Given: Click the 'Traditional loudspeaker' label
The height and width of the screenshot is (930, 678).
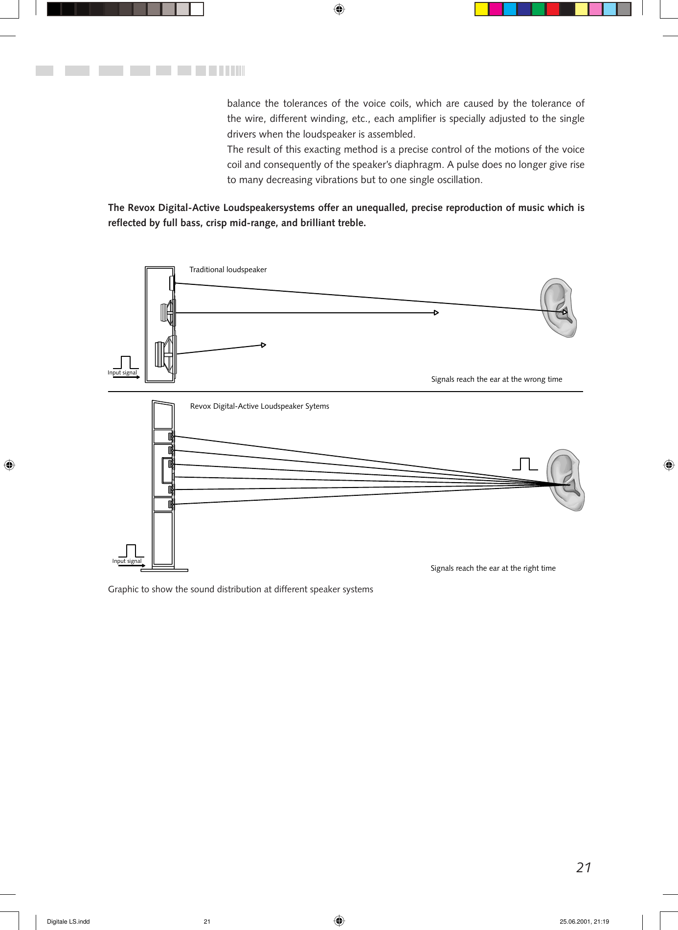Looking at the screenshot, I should click(x=228, y=270).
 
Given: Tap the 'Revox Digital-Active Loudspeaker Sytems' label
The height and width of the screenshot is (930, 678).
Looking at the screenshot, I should click(x=259, y=406).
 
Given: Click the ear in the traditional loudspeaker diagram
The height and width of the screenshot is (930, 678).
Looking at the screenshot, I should click(x=559, y=307).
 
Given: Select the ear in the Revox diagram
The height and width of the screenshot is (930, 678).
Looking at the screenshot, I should click(x=565, y=480).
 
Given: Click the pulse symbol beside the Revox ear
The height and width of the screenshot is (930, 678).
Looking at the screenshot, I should click(x=525, y=464).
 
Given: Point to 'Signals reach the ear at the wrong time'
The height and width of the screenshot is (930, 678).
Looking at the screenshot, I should click(x=497, y=379).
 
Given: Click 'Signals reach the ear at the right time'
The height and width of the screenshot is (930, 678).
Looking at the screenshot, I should click(x=493, y=568).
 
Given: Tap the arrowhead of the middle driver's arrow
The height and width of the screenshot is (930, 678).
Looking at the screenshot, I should click(x=436, y=313).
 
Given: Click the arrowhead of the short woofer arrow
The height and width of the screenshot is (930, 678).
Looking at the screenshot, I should click(x=263, y=345).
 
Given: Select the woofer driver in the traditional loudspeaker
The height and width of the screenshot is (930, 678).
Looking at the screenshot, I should click(x=165, y=354).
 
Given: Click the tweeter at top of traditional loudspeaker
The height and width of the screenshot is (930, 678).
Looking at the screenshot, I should click(x=172, y=283).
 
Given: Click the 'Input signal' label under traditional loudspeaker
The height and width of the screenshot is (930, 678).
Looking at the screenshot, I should click(x=122, y=373).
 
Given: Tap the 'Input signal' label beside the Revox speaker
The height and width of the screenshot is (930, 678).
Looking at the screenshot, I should click(x=127, y=561).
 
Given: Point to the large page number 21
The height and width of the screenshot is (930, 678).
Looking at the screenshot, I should click(x=584, y=868).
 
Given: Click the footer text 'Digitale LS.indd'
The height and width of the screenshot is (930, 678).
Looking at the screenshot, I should click(x=68, y=922).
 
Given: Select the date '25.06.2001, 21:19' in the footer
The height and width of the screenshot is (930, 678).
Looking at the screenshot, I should click(x=584, y=922).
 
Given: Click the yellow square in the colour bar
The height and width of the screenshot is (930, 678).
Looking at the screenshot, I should click(x=481, y=9).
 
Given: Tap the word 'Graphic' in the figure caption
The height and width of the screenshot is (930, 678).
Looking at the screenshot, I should click(x=123, y=589).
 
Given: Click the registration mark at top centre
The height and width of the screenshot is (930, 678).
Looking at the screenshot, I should click(x=339, y=9).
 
